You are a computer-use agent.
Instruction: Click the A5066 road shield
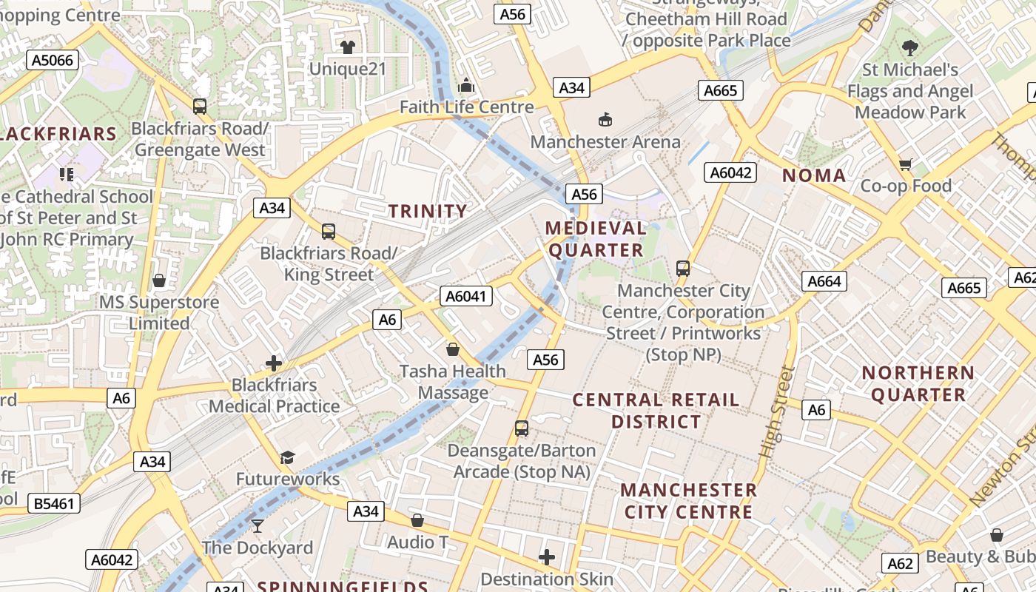pos(53,60)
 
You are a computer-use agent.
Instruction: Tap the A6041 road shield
pos(466,297)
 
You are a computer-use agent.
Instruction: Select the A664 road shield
pos(824,281)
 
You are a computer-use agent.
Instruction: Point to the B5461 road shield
pos(54,504)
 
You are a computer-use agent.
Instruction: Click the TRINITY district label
pos(428,211)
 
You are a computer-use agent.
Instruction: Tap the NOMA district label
pos(814,175)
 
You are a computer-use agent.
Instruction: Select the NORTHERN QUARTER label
pos(918,383)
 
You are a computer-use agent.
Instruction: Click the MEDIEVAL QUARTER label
pos(596,239)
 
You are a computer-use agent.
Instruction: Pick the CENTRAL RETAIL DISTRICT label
pos(656,411)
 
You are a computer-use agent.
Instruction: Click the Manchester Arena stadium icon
pos(605,119)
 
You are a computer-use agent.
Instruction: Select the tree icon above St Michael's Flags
pos(910,48)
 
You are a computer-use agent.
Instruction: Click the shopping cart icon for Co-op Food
pos(905,164)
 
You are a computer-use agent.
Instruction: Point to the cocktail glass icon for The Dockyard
pos(257,526)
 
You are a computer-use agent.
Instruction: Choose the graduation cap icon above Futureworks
pos(287,458)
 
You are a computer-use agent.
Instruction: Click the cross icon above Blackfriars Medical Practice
pos(274,363)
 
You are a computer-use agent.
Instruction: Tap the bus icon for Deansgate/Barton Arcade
pos(522,428)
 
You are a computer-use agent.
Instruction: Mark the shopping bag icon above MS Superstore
pos(158,280)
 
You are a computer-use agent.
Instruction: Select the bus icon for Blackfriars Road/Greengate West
pos(199,107)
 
